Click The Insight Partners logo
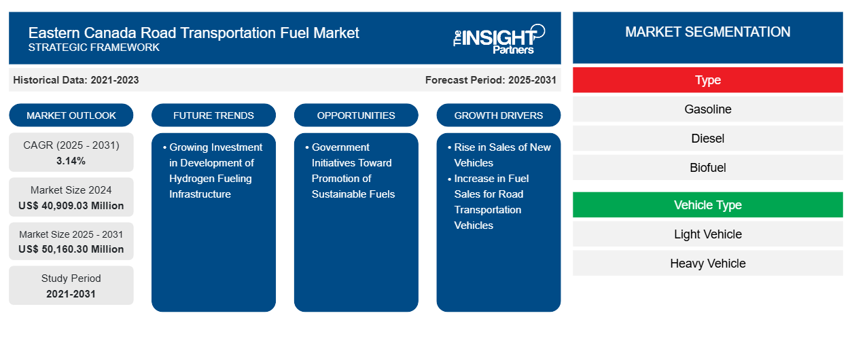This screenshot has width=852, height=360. (x=499, y=38)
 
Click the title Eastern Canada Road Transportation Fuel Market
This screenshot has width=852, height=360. (x=194, y=32)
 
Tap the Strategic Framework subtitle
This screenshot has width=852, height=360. (x=94, y=48)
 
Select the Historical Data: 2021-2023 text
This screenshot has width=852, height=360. (x=76, y=80)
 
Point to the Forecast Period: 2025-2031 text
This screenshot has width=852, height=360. (x=491, y=80)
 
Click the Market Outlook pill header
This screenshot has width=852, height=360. (x=71, y=115)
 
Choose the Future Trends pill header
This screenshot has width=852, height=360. (x=213, y=115)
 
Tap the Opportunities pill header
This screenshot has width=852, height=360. (x=356, y=115)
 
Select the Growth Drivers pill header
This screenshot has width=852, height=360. (x=499, y=115)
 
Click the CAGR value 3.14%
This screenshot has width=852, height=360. (x=71, y=161)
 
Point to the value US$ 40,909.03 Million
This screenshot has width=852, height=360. (x=71, y=206)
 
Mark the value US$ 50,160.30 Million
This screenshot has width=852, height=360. (x=71, y=249)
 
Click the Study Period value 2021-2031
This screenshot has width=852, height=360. (x=71, y=294)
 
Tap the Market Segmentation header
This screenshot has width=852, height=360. (x=707, y=32)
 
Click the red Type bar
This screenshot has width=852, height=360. (x=707, y=80)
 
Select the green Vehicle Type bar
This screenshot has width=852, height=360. (x=707, y=205)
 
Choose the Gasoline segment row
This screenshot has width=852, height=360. (x=707, y=109)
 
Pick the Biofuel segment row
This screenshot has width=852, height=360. (x=707, y=168)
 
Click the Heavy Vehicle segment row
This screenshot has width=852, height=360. (x=707, y=264)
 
